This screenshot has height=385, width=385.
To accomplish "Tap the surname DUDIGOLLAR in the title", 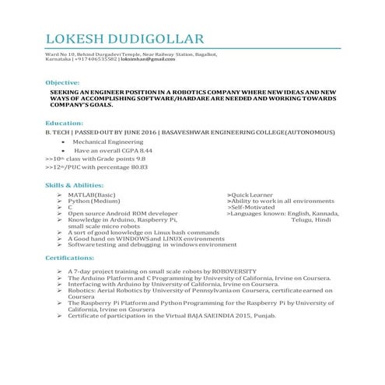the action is pyautogui.click(x=159, y=38).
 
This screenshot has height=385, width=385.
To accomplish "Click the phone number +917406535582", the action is pyautogui.click(x=96, y=59).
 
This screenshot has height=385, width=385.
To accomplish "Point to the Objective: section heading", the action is pyautogui.click(x=62, y=82).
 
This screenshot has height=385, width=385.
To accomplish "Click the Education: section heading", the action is pyautogui.click(x=65, y=124).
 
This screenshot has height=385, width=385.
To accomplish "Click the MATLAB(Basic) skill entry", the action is pyautogui.click(x=92, y=194).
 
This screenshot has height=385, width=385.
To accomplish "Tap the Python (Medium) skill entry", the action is pyautogui.click(x=94, y=201).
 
